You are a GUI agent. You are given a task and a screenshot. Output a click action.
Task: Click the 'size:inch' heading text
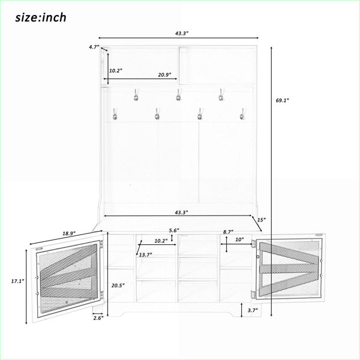tap(41, 17)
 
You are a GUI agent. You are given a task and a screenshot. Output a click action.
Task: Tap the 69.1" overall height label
tap(282, 100)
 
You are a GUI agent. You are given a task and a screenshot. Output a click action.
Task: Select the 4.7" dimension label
tap(94, 47)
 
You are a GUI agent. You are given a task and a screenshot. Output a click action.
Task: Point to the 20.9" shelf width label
tap(164, 75)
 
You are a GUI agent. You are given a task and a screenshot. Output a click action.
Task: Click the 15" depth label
tap(261, 220)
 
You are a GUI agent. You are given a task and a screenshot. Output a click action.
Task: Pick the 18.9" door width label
tap(69, 233)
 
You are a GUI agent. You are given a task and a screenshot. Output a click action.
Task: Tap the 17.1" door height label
tap(17, 281)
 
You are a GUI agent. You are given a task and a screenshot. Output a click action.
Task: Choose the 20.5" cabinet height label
tap(118, 286)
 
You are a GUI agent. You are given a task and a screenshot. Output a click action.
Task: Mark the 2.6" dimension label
tap(98, 318)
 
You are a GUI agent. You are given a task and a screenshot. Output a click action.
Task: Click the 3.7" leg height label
tap(253, 310)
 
